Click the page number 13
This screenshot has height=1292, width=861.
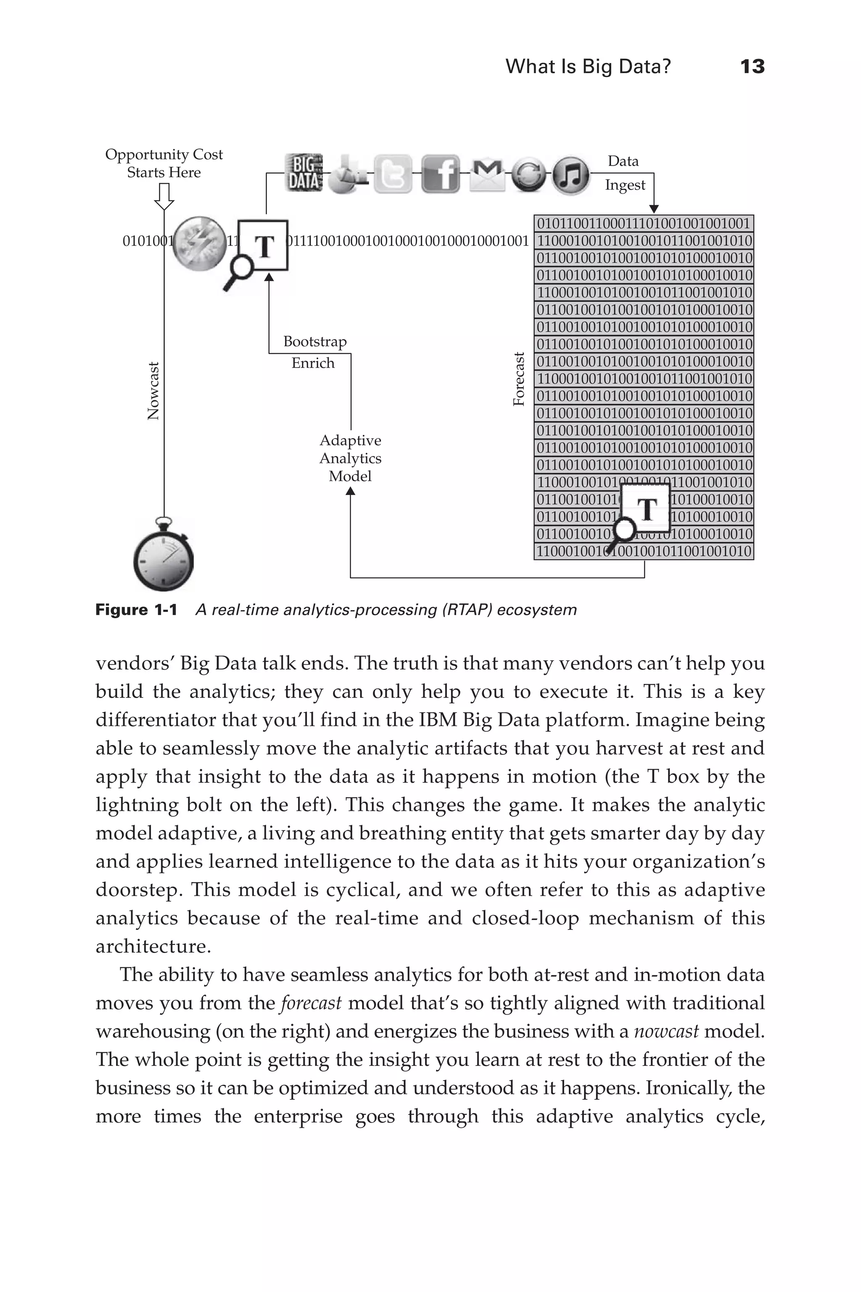tap(752, 66)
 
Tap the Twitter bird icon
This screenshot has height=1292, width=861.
tap(393, 174)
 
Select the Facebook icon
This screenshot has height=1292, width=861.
tap(441, 174)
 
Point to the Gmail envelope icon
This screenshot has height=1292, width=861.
tap(487, 174)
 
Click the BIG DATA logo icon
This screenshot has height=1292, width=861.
tap(304, 172)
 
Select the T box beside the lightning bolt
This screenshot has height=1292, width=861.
tap(263, 246)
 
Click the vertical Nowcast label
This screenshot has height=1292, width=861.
tap(154, 391)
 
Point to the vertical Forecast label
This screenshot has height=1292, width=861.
tap(519, 379)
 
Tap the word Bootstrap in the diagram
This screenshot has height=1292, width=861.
tap(314, 342)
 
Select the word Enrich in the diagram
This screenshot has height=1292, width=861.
tap(312, 363)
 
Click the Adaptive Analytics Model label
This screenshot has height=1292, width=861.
tap(350, 458)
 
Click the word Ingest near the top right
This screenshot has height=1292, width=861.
tap(625, 185)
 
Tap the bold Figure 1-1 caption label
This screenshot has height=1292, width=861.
tap(136, 610)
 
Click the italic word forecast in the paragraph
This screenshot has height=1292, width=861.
tap(311, 1003)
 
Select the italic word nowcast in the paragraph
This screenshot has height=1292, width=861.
tap(666, 1031)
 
